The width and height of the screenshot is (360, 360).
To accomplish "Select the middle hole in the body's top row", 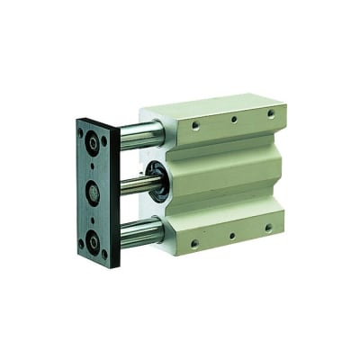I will tap(233, 120).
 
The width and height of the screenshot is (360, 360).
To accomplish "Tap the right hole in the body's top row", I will tap(268, 112).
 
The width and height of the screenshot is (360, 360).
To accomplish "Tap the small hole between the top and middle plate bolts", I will tap(94, 165).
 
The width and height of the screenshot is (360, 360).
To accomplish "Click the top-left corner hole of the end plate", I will tap(82, 131).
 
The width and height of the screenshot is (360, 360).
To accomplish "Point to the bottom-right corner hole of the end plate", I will tap(105, 255).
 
